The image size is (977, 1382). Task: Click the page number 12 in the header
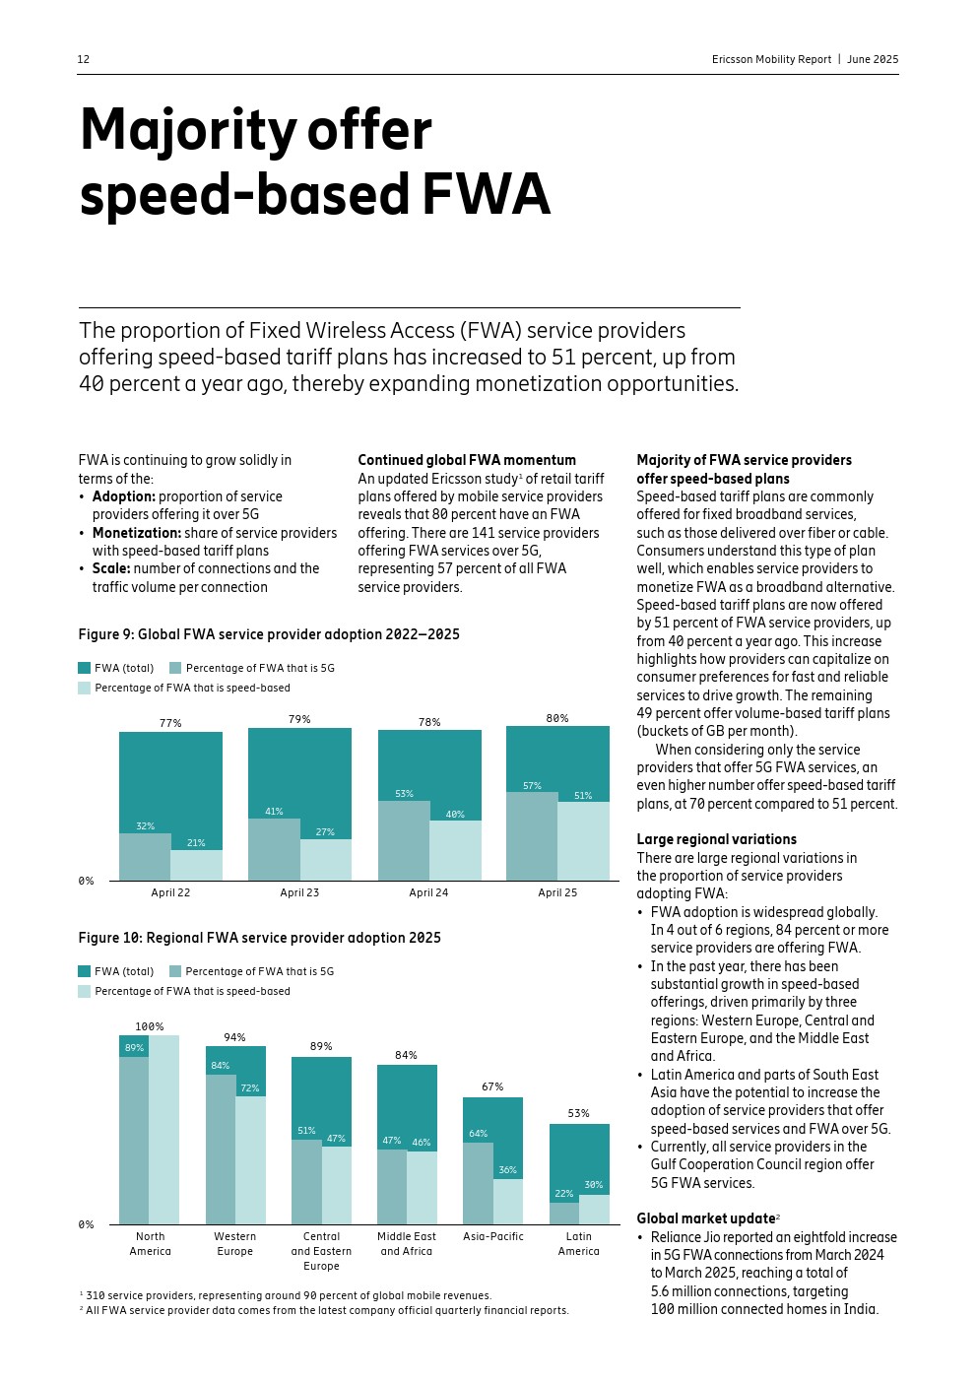84,59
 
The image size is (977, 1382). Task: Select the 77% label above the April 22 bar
170,723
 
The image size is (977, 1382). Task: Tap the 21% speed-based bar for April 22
196,865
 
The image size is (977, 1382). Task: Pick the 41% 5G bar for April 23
274,848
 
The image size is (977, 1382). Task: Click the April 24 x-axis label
428,892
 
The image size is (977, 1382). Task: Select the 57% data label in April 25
532,786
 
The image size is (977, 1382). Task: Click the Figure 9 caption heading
269,634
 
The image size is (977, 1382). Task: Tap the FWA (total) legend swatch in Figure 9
85,668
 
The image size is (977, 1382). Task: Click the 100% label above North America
150,1026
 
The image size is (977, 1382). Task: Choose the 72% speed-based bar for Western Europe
250,1158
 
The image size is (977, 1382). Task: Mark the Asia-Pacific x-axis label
493,1236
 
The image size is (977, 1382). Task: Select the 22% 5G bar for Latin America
564,1213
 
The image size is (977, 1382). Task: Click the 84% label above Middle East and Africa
406,1055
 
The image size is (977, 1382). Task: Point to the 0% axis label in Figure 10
87,1224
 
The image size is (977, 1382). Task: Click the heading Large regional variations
716,839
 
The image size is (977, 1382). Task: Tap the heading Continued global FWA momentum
467,460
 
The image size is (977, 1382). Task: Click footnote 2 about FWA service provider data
325,1310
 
